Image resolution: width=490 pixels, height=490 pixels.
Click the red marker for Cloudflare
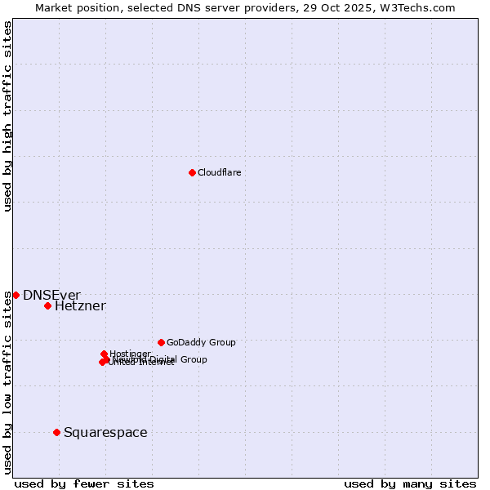(x=192, y=172)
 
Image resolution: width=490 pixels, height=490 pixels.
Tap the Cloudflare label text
(x=219, y=172)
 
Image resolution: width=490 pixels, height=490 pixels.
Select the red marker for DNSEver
(x=16, y=295)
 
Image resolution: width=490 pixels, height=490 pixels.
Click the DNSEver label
(x=51, y=295)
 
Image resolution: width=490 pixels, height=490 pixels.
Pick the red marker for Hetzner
(x=47, y=306)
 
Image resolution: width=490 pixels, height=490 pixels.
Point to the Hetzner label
(x=80, y=306)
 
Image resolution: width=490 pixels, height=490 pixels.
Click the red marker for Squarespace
(x=56, y=432)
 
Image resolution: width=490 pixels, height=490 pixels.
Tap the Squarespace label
(x=105, y=432)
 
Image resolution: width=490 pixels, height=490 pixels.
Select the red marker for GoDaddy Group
(x=161, y=342)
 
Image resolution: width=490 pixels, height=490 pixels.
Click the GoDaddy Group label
(x=201, y=342)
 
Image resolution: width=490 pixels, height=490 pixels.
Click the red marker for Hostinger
(x=104, y=354)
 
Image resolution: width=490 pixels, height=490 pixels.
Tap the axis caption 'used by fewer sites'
(x=84, y=483)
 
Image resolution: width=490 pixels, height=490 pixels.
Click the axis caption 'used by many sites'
(x=410, y=483)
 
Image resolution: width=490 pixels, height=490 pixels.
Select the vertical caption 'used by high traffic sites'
(x=7, y=117)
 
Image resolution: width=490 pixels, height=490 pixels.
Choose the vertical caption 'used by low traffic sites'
(x=7, y=382)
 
